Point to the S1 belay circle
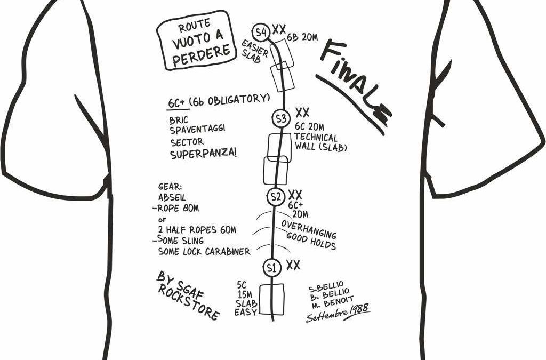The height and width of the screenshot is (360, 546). point(271,267)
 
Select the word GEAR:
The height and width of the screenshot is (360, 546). point(170,187)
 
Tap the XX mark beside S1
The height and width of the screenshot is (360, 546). point(293,265)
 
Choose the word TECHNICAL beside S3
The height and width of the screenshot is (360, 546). point(316,138)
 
